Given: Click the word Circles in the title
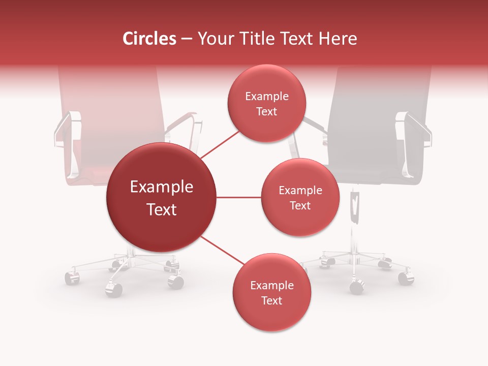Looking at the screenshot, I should tap(149, 39).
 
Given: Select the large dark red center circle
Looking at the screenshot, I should tap(161, 198).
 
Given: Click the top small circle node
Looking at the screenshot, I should tap(266, 104).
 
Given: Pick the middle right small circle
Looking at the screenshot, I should tap(300, 198).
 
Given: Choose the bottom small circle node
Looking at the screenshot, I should tap(271, 293).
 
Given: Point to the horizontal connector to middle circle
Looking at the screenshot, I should tap(238, 197).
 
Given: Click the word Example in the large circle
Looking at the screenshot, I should tap(161, 187).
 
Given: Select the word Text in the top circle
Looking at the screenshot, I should tap(266, 112).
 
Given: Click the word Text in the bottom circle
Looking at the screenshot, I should tap(271, 301).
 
